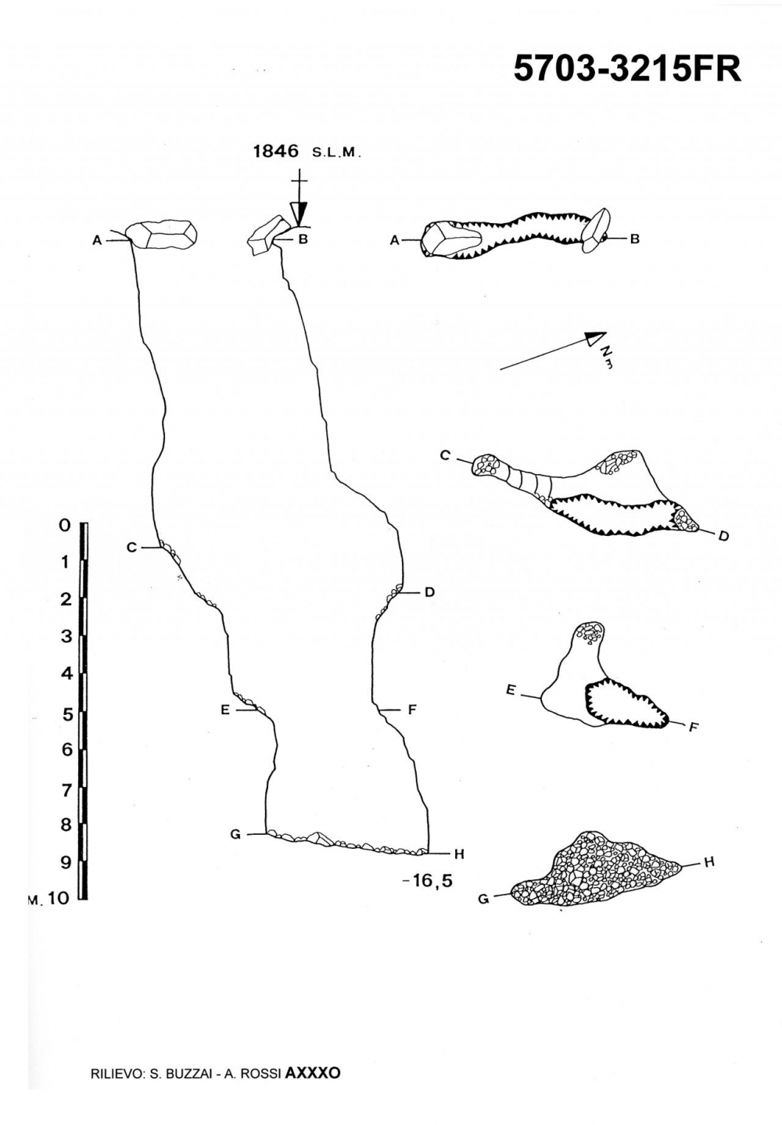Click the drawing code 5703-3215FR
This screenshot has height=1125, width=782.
pyautogui.click(x=627, y=69)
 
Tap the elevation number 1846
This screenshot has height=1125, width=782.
pyautogui.click(x=277, y=151)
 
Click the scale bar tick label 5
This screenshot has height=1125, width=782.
pyautogui.click(x=66, y=713)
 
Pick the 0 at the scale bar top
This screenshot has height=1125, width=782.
pyautogui.click(x=65, y=526)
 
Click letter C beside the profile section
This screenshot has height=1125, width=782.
pyautogui.click(x=131, y=548)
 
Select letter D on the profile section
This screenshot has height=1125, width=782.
pyautogui.click(x=429, y=593)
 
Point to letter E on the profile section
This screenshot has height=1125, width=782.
pyautogui.click(x=225, y=710)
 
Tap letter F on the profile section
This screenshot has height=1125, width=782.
pyautogui.click(x=411, y=710)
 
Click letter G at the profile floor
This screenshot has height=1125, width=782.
pyautogui.click(x=235, y=834)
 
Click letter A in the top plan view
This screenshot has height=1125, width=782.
pyautogui.click(x=394, y=241)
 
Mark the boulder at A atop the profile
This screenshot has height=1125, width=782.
pyautogui.click(x=160, y=234)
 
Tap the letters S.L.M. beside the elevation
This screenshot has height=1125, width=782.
pyautogui.click(x=336, y=153)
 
